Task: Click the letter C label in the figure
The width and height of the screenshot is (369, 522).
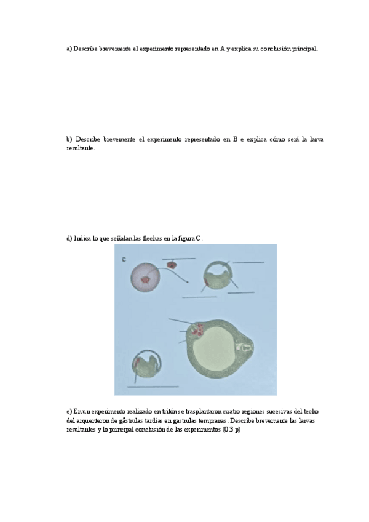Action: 124,260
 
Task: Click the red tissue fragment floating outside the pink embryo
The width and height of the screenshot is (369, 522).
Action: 172,266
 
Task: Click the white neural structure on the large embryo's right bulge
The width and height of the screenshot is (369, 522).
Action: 245,348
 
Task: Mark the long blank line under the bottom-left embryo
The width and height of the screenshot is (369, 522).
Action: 153,387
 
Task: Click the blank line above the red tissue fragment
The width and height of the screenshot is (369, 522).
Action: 179,259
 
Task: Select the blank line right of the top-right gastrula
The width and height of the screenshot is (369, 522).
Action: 249,263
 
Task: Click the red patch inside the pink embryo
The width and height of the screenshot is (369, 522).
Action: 146,281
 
